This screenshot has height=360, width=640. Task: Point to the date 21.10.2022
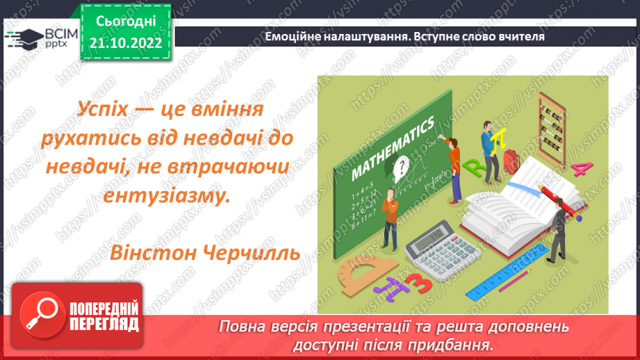(126, 42)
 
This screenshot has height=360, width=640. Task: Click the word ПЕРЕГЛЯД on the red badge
(103, 324)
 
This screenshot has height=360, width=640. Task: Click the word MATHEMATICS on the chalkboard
(393, 148)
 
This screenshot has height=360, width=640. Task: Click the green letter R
(476, 167)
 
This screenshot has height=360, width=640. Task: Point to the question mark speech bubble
(400, 166)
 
